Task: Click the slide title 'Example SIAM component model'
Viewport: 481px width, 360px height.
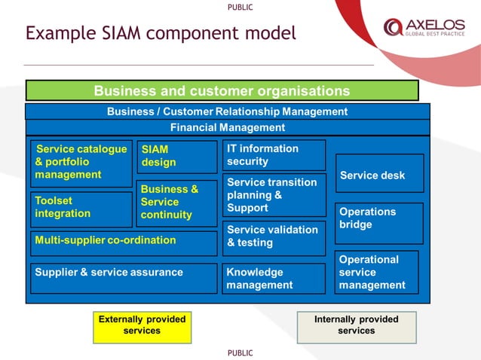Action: tap(161, 34)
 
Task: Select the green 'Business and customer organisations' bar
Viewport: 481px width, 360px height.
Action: tap(222, 91)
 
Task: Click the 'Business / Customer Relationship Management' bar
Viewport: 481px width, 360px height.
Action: tap(227, 111)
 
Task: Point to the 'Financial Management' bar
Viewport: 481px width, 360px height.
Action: tap(227, 128)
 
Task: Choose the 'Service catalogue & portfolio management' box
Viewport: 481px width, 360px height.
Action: tap(81, 163)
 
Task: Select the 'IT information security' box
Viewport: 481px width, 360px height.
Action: tap(274, 155)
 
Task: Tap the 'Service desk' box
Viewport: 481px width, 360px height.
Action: tap(379, 174)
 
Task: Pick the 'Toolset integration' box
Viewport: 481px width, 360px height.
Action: tap(81, 209)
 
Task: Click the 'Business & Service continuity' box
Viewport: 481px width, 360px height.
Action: tap(176, 203)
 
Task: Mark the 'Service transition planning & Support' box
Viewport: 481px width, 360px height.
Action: tap(274, 195)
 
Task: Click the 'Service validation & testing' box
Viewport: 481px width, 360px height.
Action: tap(274, 237)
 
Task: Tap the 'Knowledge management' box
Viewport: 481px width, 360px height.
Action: tap(274, 278)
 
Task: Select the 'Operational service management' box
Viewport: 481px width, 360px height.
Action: tap(376, 272)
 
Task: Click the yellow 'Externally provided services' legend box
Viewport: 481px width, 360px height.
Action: tap(142, 325)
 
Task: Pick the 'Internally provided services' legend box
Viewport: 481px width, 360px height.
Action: tap(356, 325)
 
